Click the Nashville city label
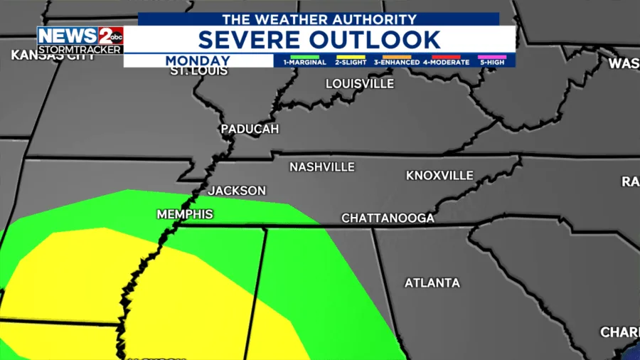coord(321,167)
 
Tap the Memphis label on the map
coord(184,214)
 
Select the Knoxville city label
coord(439,175)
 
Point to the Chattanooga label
coord(388,218)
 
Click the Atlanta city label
coord(432,283)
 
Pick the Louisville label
coord(359,84)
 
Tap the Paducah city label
coord(250,129)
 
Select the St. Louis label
coord(198,71)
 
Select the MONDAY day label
coord(198,61)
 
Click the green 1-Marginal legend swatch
coord(304,56)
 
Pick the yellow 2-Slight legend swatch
coord(351,56)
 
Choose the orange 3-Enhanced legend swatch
coord(397,56)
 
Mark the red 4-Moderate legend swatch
coord(446,56)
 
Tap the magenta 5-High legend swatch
coord(492,56)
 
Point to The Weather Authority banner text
coord(318,19)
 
